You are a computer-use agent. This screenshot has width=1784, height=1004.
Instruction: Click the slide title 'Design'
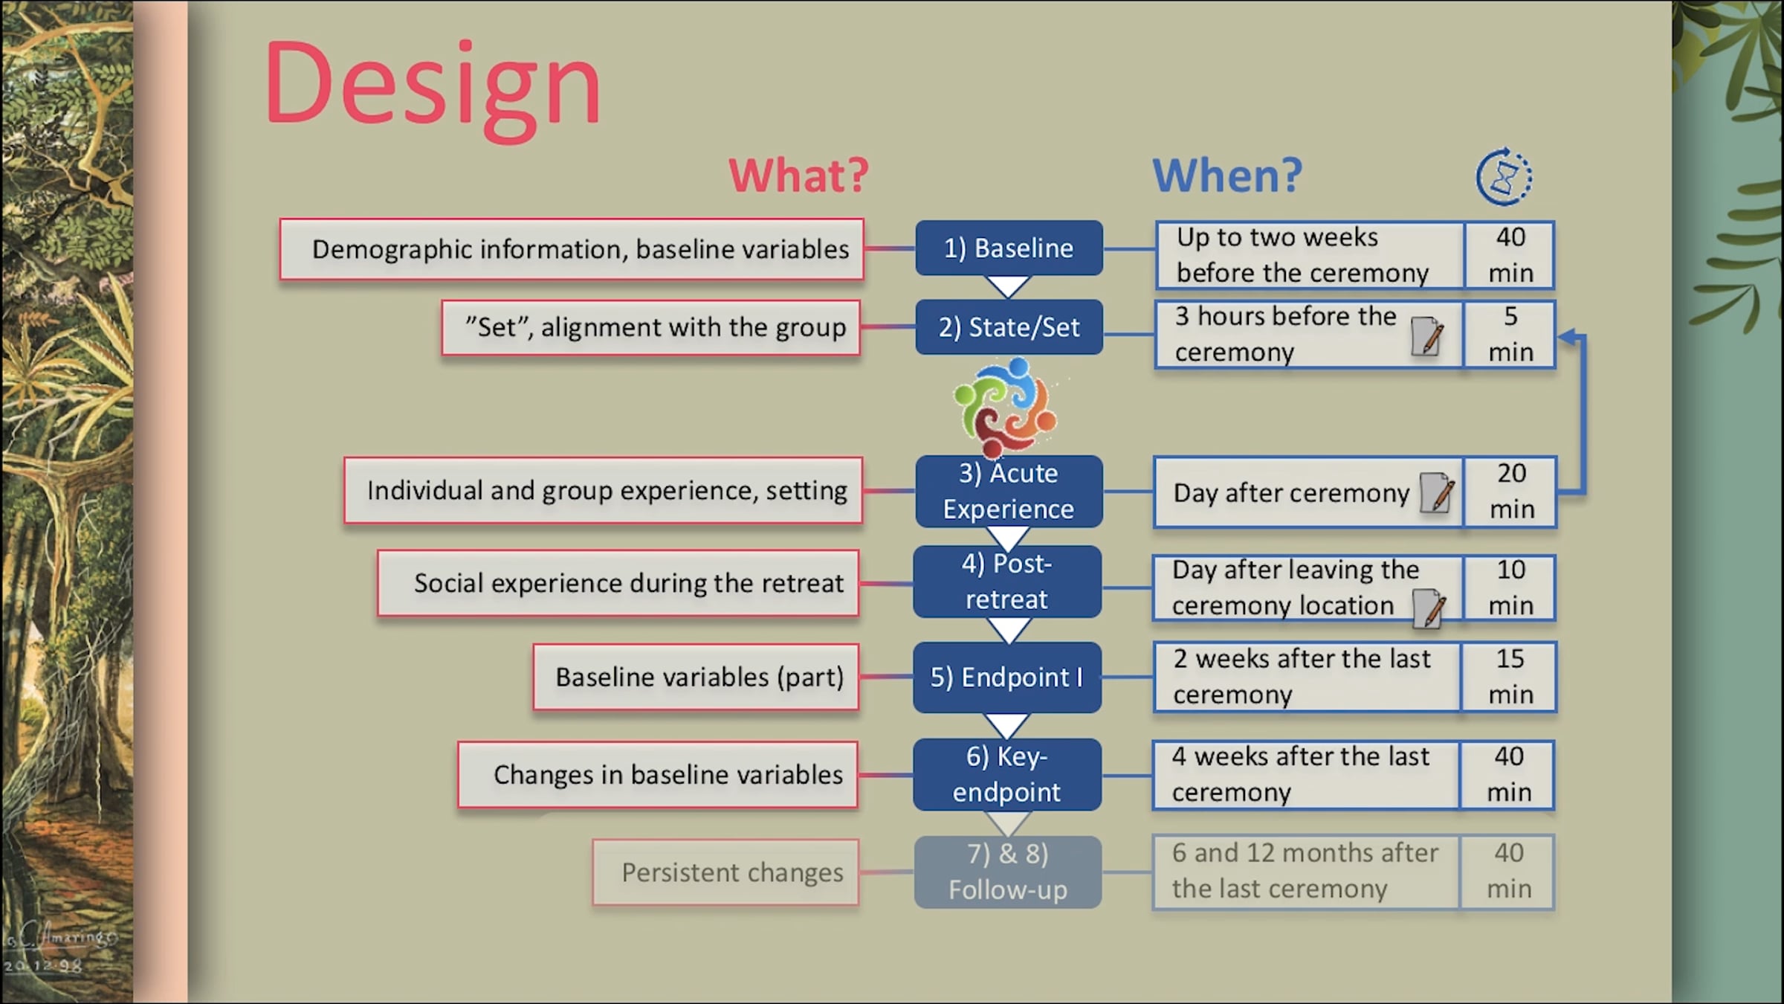[x=433, y=86]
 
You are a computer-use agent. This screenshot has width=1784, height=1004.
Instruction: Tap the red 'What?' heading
[x=798, y=176]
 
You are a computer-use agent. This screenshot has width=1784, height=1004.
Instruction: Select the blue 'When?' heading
[x=1227, y=176]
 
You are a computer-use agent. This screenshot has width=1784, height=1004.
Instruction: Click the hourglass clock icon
[x=1504, y=177]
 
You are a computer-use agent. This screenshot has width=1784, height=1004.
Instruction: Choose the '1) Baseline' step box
[x=1009, y=248]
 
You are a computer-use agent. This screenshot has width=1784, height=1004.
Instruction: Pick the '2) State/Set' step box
[x=1009, y=327]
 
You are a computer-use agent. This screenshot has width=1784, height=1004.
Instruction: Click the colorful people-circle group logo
[x=1006, y=407]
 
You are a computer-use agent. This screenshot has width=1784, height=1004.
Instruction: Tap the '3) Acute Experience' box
[x=1009, y=492]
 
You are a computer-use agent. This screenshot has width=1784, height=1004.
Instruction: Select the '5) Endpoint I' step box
[x=1007, y=678]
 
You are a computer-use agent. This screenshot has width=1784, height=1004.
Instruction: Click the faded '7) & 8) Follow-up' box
[x=1007, y=872]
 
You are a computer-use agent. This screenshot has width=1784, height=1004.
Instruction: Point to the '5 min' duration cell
[x=1510, y=335]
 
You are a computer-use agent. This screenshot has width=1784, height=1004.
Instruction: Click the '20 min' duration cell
[x=1510, y=492]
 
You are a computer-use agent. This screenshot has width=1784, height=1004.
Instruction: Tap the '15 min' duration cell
[x=1509, y=677]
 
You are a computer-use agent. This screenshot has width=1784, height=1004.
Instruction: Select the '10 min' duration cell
[x=1510, y=588]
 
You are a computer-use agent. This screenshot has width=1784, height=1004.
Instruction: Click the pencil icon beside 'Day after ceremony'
[x=1436, y=492]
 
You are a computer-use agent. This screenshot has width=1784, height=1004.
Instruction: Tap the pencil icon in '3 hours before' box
[x=1427, y=336]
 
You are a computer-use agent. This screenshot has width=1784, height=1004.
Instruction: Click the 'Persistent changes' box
[x=726, y=872]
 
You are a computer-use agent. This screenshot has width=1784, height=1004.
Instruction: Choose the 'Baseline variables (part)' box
[x=697, y=677]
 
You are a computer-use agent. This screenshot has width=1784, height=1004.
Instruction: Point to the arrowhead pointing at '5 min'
[x=1567, y=337]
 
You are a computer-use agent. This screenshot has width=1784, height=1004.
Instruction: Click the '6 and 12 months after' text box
[x=1306, y=872]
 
